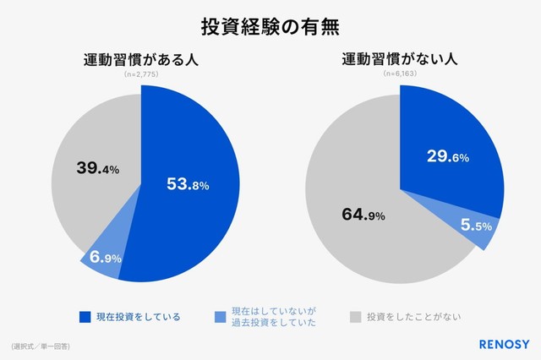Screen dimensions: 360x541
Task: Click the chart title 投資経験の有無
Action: (x=270, y=25)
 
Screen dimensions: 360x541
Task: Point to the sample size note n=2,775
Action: (x=141, y=75)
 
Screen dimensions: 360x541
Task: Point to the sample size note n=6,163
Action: (x=399, y=75)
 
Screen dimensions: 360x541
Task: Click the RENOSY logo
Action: (x=495, y=345)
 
